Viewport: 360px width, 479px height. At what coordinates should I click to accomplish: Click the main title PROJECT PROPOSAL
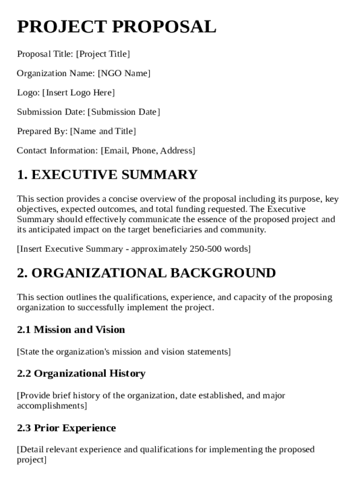(116, 27)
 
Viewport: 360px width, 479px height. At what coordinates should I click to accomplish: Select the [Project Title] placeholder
(103, 54)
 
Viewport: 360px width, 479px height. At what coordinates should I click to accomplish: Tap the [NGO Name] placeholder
(124, 73)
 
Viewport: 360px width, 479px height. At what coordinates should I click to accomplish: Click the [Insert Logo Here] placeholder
(79, 93)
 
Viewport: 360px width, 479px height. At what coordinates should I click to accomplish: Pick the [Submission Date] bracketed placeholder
(123, 112)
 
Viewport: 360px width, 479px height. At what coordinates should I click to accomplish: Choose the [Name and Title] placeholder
(103, 131)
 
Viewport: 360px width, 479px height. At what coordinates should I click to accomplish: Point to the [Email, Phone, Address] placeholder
(148, 151)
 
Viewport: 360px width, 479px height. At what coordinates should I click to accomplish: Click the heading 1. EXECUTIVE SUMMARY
(107, 175)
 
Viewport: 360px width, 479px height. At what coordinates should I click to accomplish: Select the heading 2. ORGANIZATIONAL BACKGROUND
(146, 273)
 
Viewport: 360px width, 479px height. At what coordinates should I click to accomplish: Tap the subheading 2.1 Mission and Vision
(71, 330)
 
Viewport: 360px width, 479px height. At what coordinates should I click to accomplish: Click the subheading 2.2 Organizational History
(81, 373)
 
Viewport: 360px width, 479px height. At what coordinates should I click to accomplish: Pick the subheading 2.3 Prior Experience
(66, 428)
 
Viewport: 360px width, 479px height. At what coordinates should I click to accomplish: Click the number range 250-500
(205, 249)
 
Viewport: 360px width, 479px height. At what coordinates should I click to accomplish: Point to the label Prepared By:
(42, 131)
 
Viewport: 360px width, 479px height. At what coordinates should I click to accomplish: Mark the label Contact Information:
(58, 151)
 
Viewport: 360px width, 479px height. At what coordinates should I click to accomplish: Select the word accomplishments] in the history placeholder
(52, 406)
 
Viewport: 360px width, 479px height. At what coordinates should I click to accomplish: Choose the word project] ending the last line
(32, 460)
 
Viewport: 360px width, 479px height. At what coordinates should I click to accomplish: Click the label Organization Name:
(56, 73)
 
